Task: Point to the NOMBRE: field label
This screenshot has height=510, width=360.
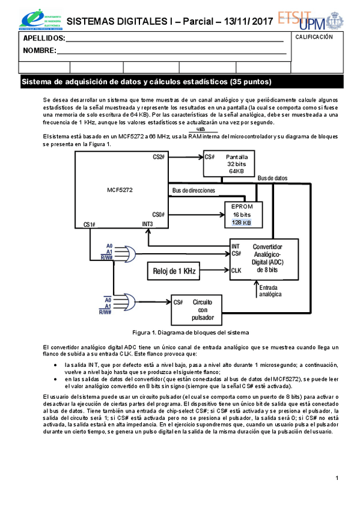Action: point(40,50)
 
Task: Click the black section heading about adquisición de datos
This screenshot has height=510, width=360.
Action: point(147,82)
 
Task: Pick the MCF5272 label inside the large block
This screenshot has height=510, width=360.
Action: point(120,190)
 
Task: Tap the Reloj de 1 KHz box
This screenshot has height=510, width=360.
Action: point(174,271)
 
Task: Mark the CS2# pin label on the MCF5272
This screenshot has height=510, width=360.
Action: point(159,156)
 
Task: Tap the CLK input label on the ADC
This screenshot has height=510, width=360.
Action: point(236,271)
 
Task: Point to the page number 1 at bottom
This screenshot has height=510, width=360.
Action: point(338,478)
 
